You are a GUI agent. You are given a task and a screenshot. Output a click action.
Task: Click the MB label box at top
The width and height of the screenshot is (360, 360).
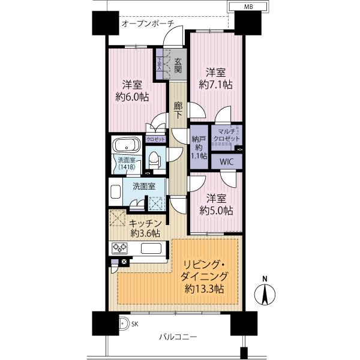click(x=247, y=7)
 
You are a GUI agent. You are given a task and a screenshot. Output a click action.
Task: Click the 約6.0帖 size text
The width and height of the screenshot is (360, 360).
click(x=133, y=96)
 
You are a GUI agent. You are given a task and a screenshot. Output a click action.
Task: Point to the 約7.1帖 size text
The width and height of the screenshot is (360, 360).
click(x=215, y=85)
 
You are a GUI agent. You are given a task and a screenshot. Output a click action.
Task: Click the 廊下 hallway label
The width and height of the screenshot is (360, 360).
click(x=178, y=109)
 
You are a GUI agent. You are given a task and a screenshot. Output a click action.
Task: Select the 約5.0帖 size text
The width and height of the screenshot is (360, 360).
click(x=215, y=211)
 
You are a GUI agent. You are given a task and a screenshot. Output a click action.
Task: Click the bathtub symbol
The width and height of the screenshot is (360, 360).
click(x=125, y=146)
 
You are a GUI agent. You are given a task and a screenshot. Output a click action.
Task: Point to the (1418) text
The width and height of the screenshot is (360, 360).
click(x=125, y=167)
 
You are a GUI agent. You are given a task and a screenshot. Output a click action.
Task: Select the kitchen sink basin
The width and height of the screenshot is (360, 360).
click(x=152, y=248)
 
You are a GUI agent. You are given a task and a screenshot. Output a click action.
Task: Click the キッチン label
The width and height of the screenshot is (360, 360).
click(x=144, y=221)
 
